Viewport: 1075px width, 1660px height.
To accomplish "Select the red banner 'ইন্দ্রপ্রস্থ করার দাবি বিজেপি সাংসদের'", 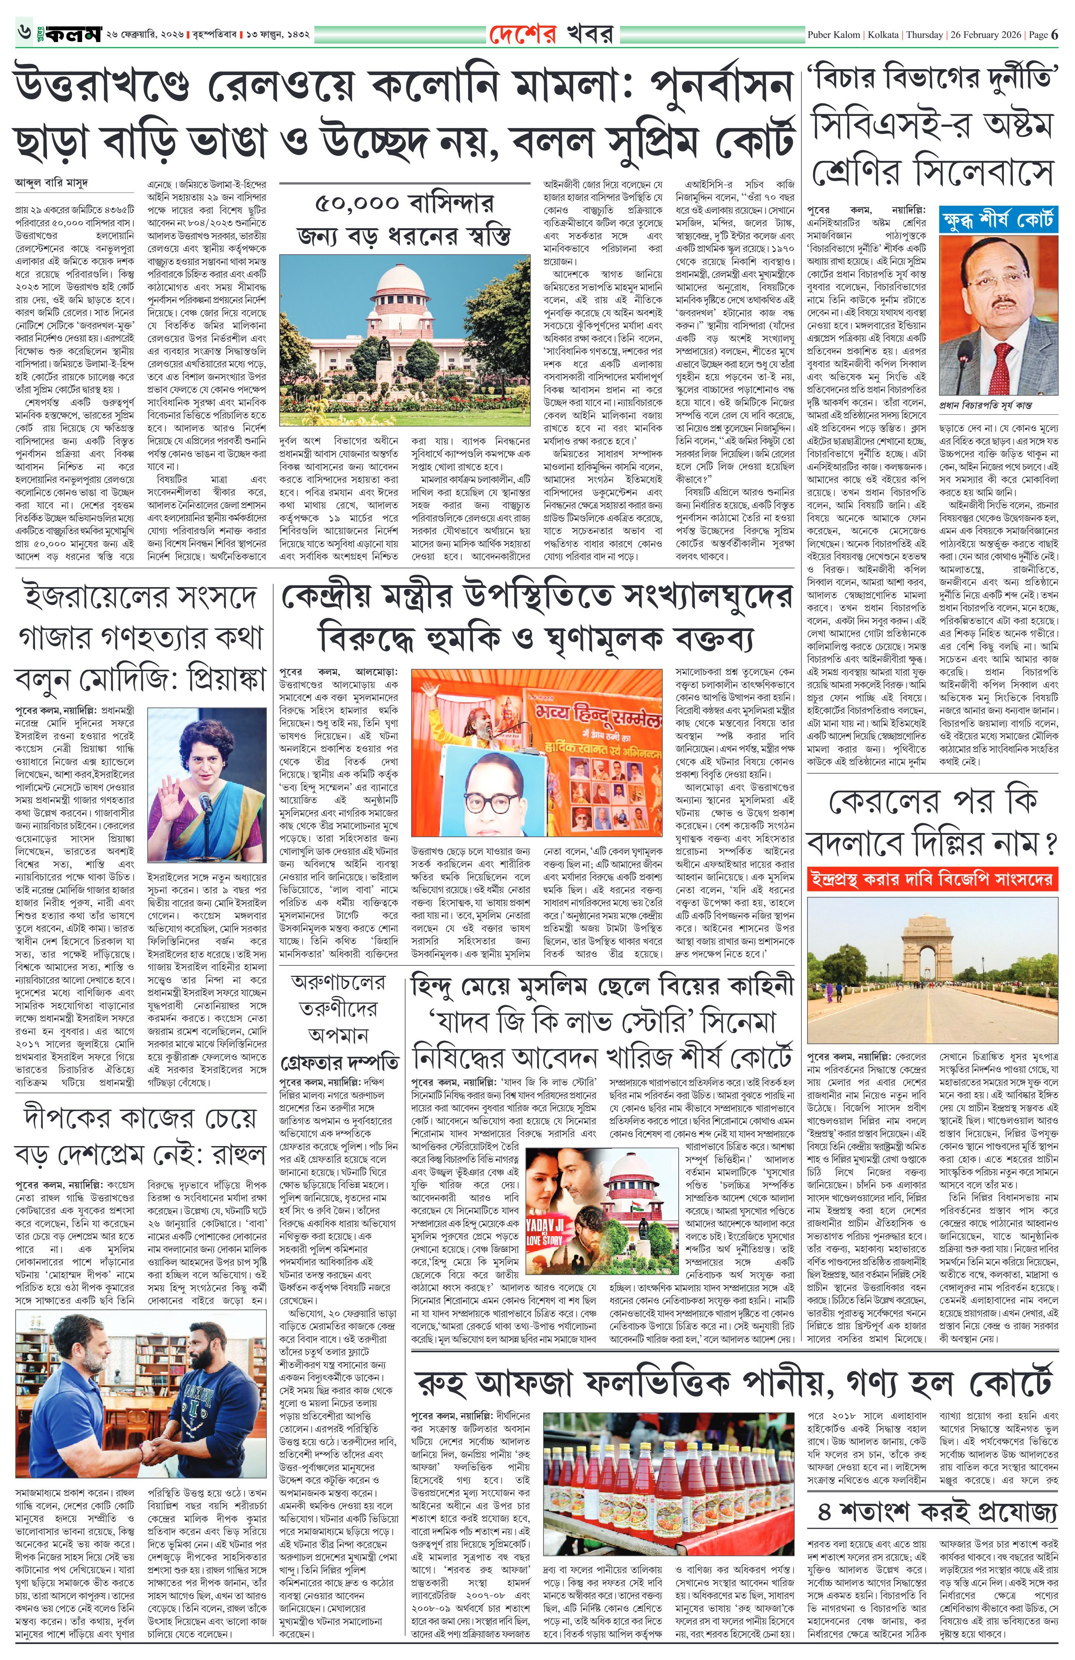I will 932,878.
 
